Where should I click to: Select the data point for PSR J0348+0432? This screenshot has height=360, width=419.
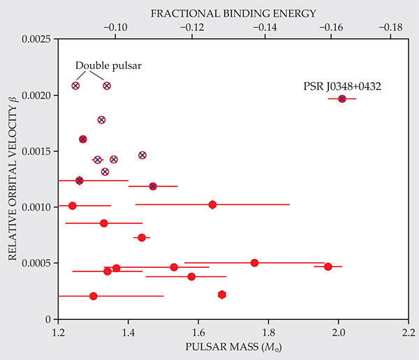[342, 98]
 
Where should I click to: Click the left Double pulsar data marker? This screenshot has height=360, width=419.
[75, 86]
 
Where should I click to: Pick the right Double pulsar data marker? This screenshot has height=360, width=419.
[107, 86]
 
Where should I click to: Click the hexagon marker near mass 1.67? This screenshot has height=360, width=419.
[222, 294]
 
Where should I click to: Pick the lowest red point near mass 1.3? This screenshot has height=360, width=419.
[94, 296]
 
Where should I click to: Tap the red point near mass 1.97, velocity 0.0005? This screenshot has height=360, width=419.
[328, 266]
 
